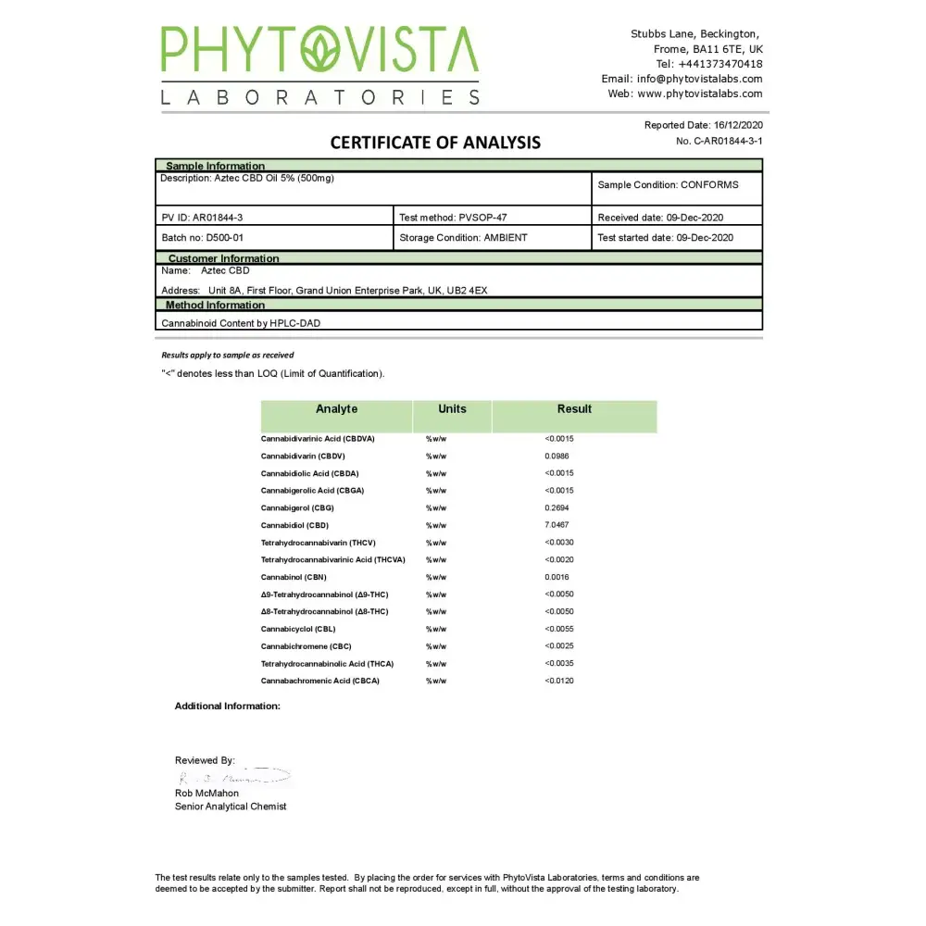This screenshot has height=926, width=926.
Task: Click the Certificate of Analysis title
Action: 435,143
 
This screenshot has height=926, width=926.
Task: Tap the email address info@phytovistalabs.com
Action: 699,79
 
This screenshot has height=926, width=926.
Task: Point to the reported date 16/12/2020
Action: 738,125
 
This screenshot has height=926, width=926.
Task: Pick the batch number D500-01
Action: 224,238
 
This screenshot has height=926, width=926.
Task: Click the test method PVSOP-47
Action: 482,218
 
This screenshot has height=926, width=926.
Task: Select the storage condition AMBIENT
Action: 505,238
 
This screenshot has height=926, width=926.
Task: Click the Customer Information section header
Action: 223,258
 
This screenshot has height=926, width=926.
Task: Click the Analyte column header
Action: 336,409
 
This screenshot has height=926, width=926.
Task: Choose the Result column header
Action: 574,409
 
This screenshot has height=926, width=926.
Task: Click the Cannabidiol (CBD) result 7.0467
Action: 557,525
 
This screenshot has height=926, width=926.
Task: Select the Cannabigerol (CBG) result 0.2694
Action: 557,507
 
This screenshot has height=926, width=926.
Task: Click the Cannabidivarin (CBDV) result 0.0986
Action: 557,456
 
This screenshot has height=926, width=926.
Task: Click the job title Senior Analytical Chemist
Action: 231,807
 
